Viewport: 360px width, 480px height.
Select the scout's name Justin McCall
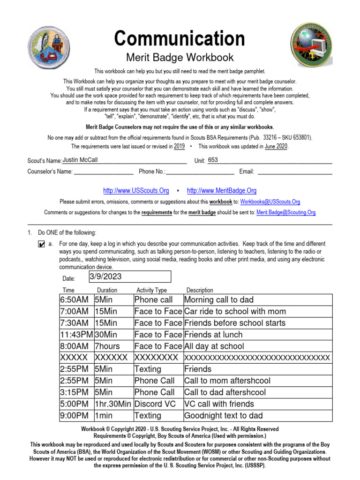tap(80, 160)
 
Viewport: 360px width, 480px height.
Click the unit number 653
tap(213, 160)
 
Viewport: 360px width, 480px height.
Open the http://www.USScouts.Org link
tap(136, 191)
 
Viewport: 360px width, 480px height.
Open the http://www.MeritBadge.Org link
tap(222, 191)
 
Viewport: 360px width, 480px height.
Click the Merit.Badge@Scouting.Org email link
tap(286, 212)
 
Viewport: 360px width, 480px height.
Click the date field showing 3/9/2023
tap(129, 277)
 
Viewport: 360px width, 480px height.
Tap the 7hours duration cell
tap(107, 346)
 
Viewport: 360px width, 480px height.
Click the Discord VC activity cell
tap(155, 404)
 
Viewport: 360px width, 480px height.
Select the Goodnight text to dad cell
tap(224, 416)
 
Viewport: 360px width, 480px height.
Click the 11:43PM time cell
tap(76, 335)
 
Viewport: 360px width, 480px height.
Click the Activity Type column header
tap(151, 290)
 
